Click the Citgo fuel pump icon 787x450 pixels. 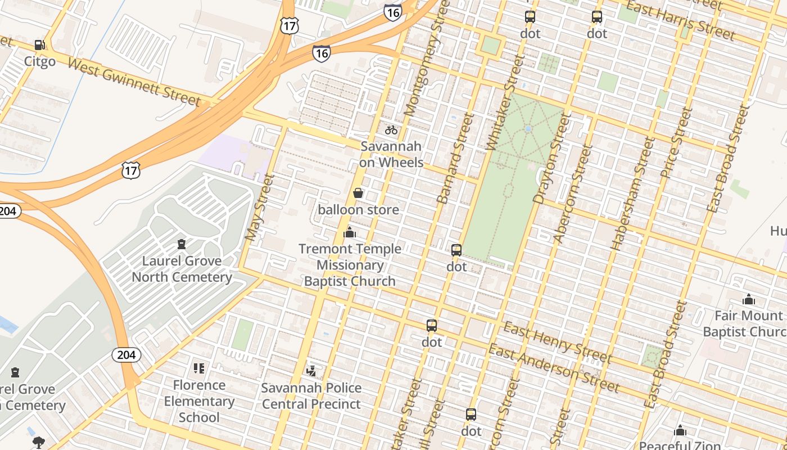pyautogui.click(x=39, y=45)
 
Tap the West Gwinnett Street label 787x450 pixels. pyautogui.click(x=134, y=82)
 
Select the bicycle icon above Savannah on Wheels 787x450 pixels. pyautogui.click(x=391, y=130)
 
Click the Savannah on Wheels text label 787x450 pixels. pyautogui.click(x=391, y=154)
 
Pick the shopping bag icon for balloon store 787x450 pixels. pyautogui.click(x=358, y=193)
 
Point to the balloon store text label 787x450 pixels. pyautogui.click(x=358, y=210)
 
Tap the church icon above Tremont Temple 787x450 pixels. pyautogui.click(x=350, y=232)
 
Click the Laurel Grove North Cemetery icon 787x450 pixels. pyautogui.click(x=182, y=244)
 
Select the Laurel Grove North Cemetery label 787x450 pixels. pyautogui.click(x=182, y=269)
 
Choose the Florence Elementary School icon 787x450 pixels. pyautogui.click(x=199, y=368)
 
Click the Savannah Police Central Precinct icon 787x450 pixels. pyautogui.click(x=311, y=371)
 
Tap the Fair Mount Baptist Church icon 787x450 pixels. pyautogui.click(x=749, y=299)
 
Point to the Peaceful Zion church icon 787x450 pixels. pyautogui.click(x=680, y=431)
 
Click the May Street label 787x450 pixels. pyautogui.click(x=259, y=208)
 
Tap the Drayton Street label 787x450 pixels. pyautogui.click(x=551, y=159)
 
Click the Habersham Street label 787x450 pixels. pyautogui.click(x=634, y=194)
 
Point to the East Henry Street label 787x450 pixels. pyautogui.click(x=557, y=343)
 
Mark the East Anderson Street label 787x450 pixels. pyautogui.click(x=553, y=368)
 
